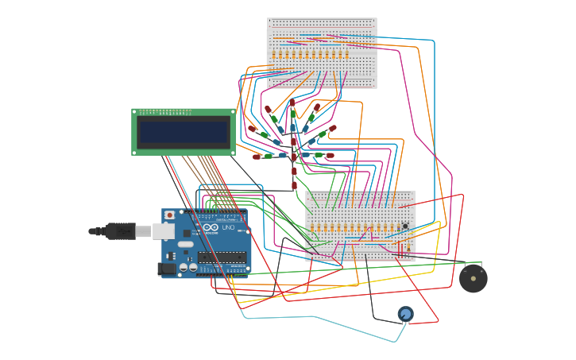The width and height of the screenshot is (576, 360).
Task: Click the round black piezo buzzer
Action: (474, 278)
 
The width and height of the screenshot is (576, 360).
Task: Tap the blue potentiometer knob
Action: (406, 314)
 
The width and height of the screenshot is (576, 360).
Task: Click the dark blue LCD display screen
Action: (184, 132)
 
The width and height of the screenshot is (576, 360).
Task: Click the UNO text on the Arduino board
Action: (227, 228)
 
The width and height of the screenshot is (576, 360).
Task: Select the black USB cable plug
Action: (120, 231)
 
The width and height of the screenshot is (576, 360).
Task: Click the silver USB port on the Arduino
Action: (163, 230)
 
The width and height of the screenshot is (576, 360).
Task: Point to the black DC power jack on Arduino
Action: (167, 269)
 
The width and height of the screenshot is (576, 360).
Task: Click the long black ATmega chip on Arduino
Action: (222, 257)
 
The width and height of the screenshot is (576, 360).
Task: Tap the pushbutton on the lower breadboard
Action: (405, 226)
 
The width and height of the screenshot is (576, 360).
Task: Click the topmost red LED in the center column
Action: (292, 103)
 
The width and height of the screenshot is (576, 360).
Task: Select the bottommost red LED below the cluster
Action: (294, 185)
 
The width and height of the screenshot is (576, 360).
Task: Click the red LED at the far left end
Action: (252, 129)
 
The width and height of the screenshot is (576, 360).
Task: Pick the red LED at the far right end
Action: (332, 128)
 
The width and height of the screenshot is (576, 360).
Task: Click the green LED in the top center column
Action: (293, 115)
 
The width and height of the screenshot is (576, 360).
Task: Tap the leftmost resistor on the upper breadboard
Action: (274, 55)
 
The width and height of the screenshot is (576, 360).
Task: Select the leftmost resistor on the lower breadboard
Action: (312, 229)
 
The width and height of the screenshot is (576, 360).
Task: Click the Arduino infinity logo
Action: (211, 228)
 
